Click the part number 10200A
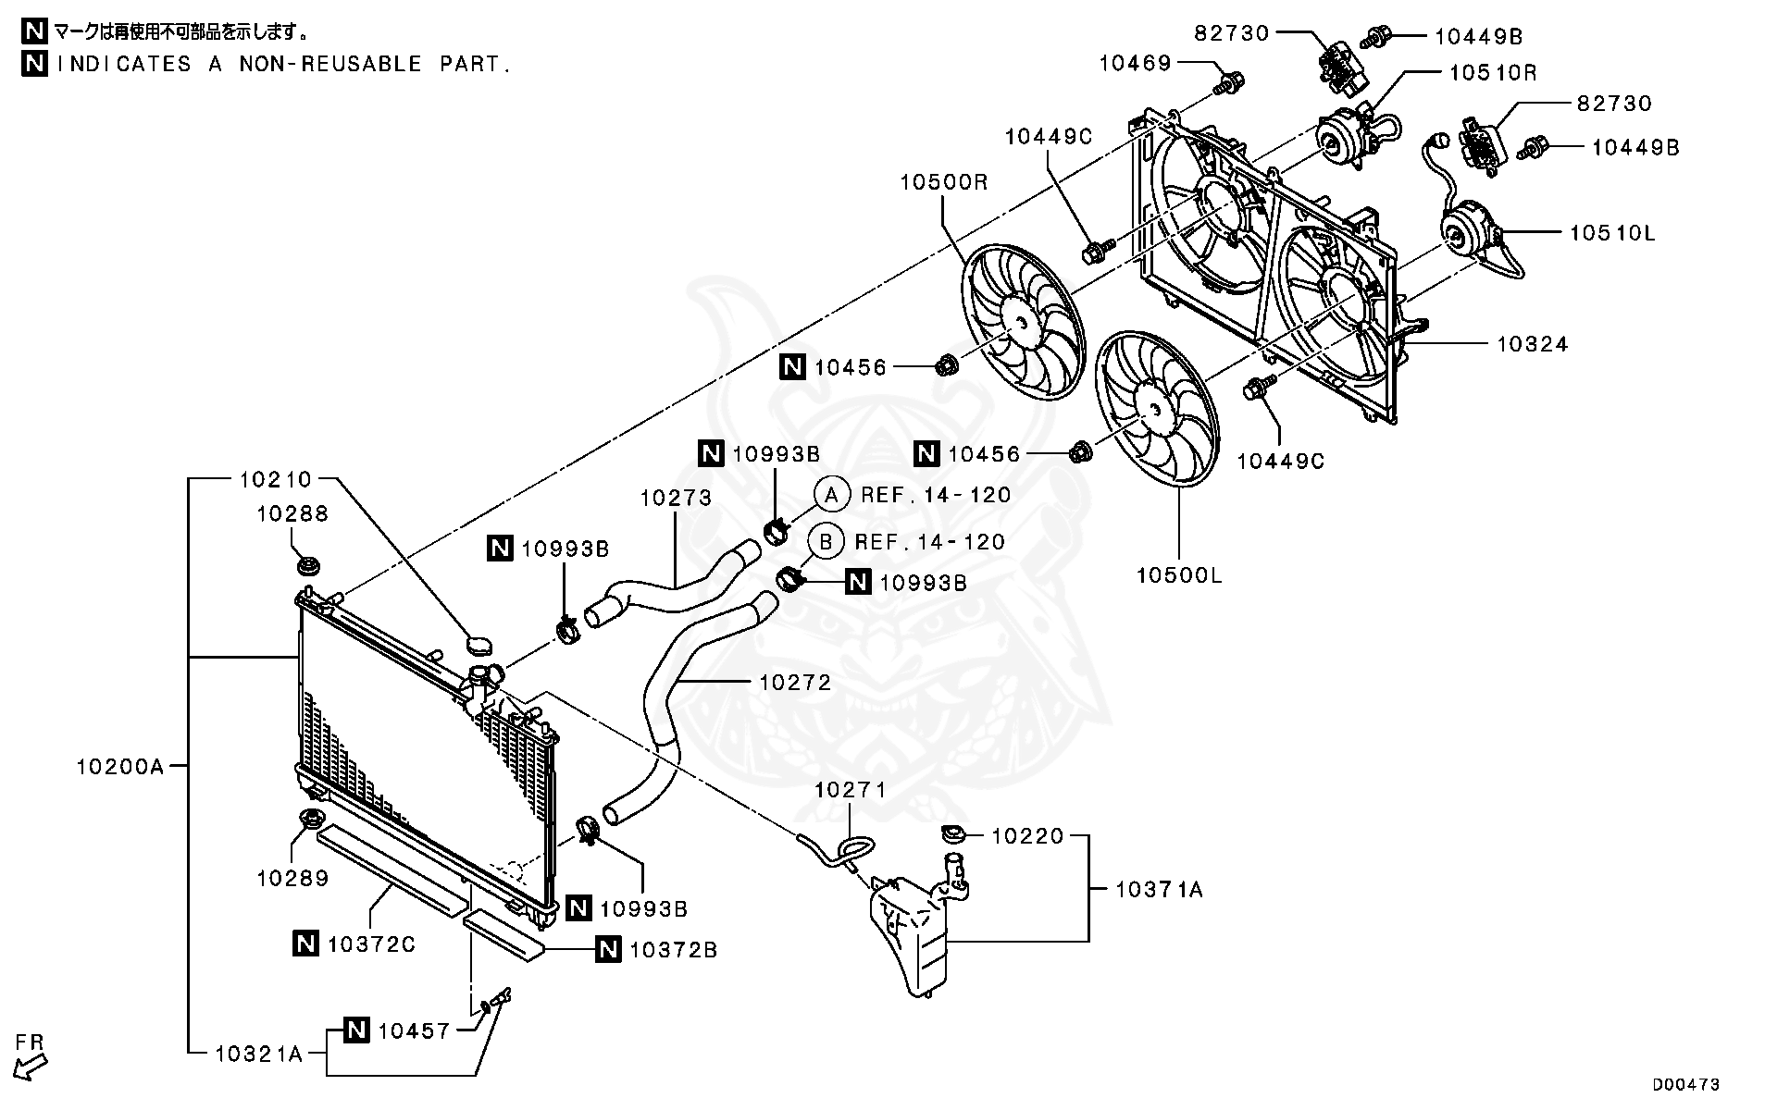pos(119,766)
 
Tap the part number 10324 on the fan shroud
pos(1532,344)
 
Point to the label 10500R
pos(943,182)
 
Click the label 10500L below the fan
pos(1178,575)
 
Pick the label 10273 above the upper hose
pos(676,499)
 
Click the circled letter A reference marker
pos(831,495)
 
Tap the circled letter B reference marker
pos(825,542)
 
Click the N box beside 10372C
pos(305,944)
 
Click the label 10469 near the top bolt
pos(1135,63)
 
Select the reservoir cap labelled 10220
pos(952,835)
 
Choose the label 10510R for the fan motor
pos(1492,72)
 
